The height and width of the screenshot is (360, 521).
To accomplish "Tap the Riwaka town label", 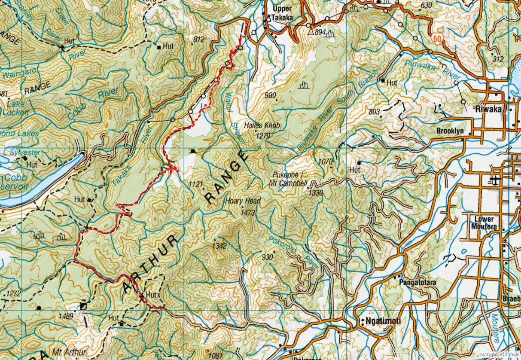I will [x=488, y=109].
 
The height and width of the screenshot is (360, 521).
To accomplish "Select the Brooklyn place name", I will [x=450, y=131].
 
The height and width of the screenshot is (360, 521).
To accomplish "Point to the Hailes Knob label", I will [x=262, y=126].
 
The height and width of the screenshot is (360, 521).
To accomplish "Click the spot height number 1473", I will [x=248, y=213].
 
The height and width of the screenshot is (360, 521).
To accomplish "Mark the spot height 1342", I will [x=219, y=246].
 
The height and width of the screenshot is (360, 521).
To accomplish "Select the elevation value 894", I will [x=320, y=32].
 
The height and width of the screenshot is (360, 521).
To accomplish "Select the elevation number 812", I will [x=199, y=39].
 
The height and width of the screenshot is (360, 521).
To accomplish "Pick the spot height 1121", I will [x=195, y=184].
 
